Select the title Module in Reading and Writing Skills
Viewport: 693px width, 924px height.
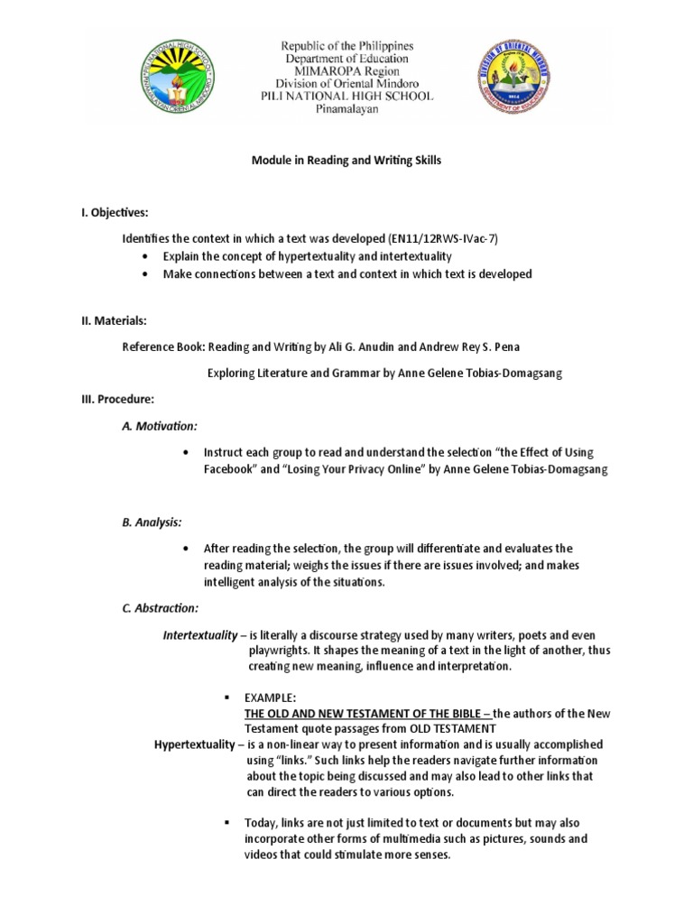pyautogui.click(x=346, y=160)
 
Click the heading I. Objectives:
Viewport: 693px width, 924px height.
pyautogui.click(x=114, y=212)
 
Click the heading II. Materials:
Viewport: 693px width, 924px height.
pyautogui.click(x=113, y=320)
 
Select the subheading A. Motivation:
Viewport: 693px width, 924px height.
pyautogui.click(x=159, y=425)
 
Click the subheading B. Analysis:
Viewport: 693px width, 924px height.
pyautogui.click(x=152, y=522)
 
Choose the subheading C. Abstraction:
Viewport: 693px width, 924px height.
pyautogui.click(x=160, y=608)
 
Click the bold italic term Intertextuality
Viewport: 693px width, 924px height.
pyautogui.click(x=199, y=635)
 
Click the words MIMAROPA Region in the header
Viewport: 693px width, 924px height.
pyautogui.click(x=346, y=70)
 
